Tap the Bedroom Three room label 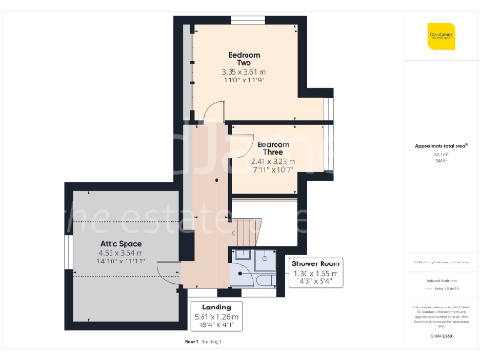(x=273, y=145)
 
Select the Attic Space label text (x=121, y=243)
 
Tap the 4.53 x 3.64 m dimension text (x=121, y=252)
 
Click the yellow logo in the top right (x=441, y=40)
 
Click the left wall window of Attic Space (x=67, y=251)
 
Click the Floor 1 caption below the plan (x=192, y=344)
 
